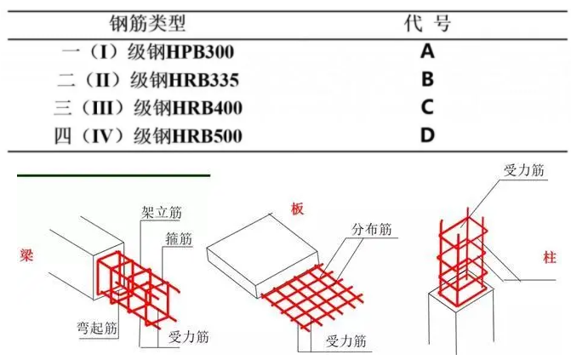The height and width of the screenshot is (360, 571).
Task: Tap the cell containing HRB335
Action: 150,80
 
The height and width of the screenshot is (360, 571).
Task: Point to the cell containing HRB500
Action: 149,135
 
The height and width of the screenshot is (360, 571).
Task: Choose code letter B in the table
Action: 427,80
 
